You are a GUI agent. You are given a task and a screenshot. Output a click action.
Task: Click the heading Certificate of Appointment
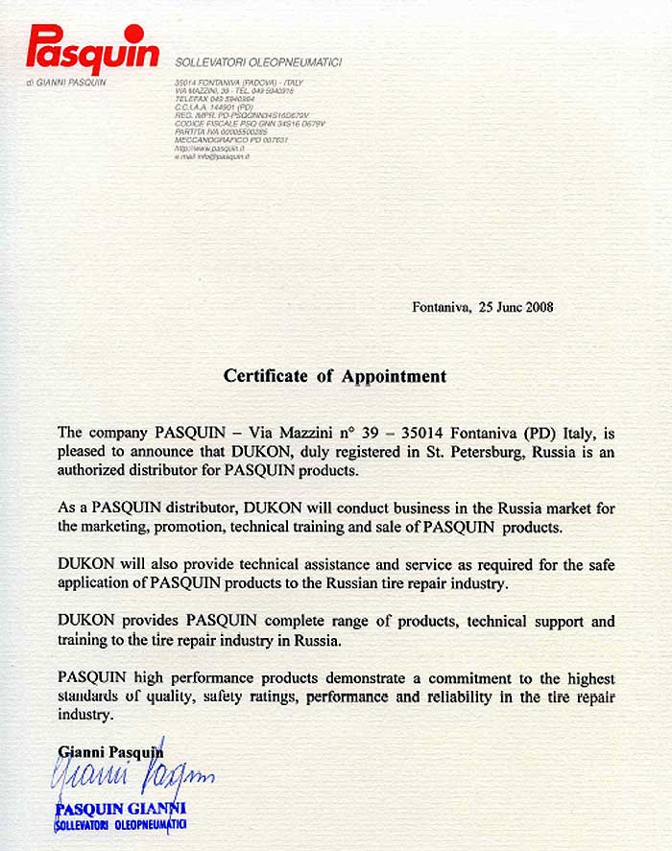click(335, 376)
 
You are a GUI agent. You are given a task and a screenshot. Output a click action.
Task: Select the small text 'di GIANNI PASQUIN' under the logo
click(66, 83)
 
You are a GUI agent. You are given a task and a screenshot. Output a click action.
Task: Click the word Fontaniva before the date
click(441, 308)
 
